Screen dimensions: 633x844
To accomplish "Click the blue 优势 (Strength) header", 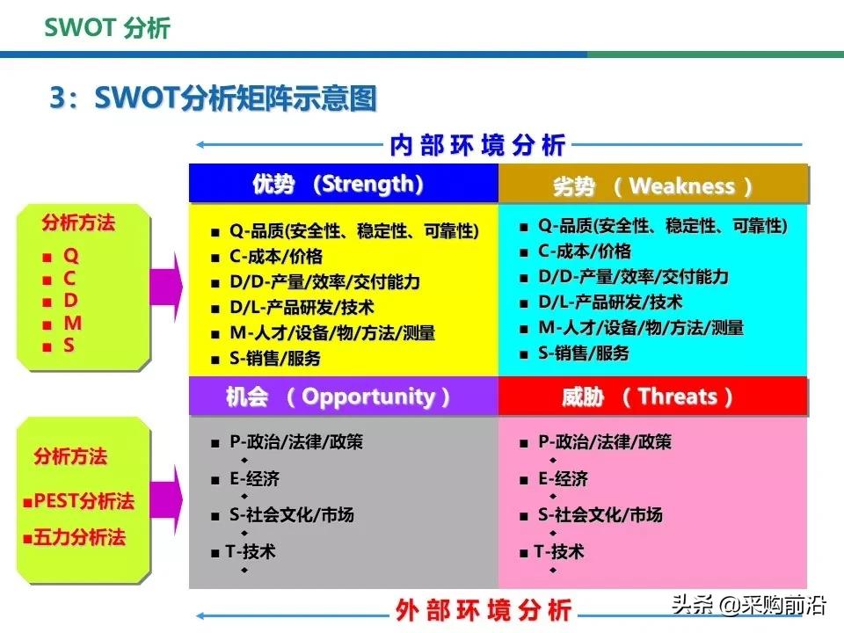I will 343,185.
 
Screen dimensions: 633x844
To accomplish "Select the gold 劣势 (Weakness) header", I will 653,186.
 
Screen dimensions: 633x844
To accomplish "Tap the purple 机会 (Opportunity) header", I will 343,397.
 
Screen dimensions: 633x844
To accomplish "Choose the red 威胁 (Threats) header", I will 652,397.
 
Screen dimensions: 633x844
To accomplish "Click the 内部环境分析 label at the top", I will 477,145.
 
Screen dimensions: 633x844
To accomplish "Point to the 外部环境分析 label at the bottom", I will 484,608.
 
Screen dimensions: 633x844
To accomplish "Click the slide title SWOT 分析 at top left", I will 107,27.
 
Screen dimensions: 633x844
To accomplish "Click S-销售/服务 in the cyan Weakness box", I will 583,353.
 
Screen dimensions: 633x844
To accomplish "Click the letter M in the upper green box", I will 72,324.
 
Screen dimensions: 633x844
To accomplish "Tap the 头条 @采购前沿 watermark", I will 747,606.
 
